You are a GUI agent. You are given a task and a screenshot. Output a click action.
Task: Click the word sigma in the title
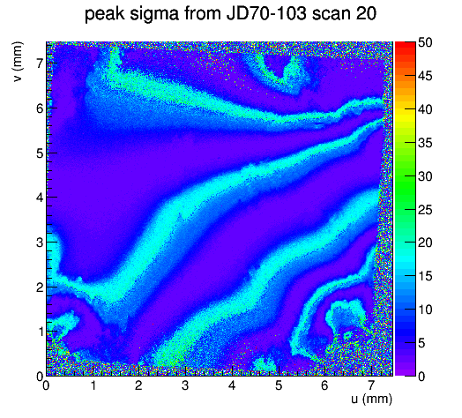click(153, 14)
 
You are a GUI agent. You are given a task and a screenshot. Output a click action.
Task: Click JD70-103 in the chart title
click(266, 13)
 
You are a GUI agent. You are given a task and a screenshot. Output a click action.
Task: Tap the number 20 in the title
click(366, 13)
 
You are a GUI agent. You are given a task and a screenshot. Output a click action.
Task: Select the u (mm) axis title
click(371, 399)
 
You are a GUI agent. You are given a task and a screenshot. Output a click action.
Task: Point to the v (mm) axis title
click(18, 62)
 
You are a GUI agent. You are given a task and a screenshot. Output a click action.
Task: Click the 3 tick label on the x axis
click(185, 385)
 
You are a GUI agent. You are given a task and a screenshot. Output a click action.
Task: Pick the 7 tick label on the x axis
click(371, 385)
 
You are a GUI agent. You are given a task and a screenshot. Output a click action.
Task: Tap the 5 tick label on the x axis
click(279, 385)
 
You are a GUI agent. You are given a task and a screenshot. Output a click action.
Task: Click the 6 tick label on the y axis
click(40, 108)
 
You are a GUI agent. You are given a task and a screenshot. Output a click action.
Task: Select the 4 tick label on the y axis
click(40, 198)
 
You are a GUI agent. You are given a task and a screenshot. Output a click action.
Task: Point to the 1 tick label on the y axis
click(40, 332)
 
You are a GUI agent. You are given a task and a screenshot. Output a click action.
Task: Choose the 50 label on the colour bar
click(425, 42)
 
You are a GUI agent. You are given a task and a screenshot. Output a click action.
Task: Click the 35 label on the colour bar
click(425, 143)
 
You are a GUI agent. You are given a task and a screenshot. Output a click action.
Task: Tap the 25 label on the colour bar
click(425, 210)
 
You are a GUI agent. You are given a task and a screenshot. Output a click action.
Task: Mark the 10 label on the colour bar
click(425, 310)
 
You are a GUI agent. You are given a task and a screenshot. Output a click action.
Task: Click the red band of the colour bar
click(406, 49)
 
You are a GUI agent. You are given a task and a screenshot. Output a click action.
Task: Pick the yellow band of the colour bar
click(406, 113)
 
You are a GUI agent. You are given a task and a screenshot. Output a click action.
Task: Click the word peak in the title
click(105, 14)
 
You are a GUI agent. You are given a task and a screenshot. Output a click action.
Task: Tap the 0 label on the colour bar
click(421, 377)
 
